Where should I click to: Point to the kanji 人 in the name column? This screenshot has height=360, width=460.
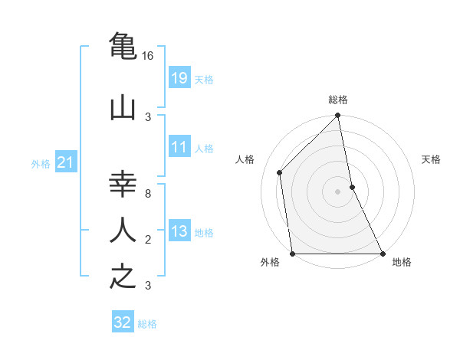click(x=123, y=230)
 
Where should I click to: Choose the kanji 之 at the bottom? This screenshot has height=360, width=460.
click(x=123, y=276)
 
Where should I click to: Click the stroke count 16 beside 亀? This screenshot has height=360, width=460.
click(x=148, y=56)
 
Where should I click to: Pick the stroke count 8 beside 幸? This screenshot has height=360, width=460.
click(x=148, y=194)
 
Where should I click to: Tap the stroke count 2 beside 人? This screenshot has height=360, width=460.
click(x=148, y=240)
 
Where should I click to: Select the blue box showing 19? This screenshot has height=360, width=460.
click(x=179, y=78)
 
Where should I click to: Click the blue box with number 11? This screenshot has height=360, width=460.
click(x=179, y=147)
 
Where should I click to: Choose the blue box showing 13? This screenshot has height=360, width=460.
click(x=179, y=231)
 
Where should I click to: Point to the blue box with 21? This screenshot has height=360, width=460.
click(x=66, y=162)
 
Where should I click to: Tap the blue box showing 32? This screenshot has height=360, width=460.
click(x=123, y=322)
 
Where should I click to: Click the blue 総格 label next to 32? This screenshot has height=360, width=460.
click(x=147, y=324)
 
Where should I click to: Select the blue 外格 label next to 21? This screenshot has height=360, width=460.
click(x=41, y=163)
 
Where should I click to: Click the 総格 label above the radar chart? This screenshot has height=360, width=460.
click(x=338, y=100)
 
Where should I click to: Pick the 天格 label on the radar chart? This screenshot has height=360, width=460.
click(x=432, y=159)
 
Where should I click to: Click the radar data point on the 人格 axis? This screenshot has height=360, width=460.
click(x=280, y=172)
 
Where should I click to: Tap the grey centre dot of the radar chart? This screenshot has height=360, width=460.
click(x=338, y=191)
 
